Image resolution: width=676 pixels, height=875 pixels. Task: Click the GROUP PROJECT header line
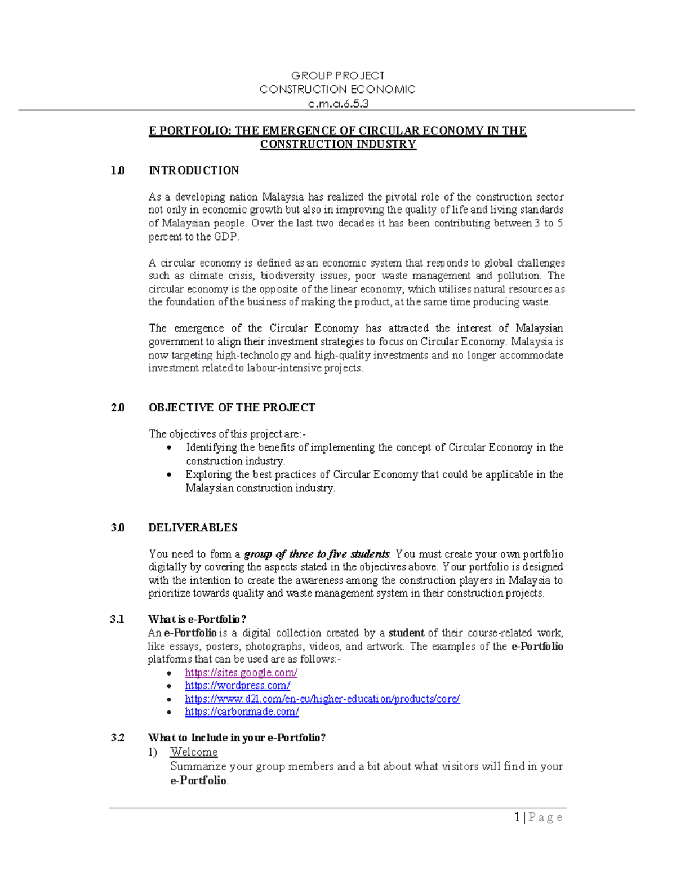[337, 75]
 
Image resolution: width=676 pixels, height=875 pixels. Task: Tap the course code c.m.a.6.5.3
[337, 104]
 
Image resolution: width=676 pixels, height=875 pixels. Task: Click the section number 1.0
[117, 171]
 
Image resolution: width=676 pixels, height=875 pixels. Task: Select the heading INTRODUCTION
[193, 171]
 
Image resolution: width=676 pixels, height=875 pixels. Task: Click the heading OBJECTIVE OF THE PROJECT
[232, 407]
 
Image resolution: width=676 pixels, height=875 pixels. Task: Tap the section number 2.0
[117, 407]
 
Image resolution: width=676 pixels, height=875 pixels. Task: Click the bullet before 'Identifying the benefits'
[169, 447]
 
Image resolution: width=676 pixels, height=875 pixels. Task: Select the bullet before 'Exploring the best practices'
[169, 474]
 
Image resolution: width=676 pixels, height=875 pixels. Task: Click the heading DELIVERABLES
[193, 528]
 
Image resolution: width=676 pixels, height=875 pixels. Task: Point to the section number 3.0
[117, 528]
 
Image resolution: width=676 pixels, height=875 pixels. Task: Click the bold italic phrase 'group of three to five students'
[317, 554]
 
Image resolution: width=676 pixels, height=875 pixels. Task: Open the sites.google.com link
[241, 673]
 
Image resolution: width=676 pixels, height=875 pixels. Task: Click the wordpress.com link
[237, 686]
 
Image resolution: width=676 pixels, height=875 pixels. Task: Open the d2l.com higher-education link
[322, 699]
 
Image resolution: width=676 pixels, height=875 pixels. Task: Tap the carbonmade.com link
[242, 712]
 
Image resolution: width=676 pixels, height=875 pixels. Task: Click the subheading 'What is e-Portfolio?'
[197, 619]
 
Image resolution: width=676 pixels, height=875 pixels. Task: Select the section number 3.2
[117, 738]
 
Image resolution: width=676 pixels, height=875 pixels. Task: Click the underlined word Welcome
[194, 752]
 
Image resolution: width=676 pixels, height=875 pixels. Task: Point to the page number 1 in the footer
[517, 818]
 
